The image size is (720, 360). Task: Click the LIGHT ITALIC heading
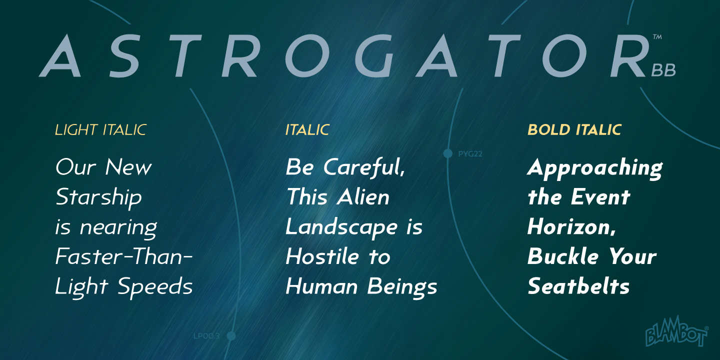pyautogui.click(x=100, y=130)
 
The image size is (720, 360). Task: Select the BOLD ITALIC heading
pyautogui.click(x=574, y=130)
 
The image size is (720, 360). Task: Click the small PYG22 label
pyautogui.click(x=470, y=154)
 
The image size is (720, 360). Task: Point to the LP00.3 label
pyautogui.click(x=206, y=336)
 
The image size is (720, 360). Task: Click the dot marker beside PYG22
pyautogui.click(x=448, y=153)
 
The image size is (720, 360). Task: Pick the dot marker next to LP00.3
pyautogui.click(x=231, y=336)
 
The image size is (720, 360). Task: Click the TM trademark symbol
pyautogui.click(x=657, y=37)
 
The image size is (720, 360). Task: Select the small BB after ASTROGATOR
pyautogui.click(x=663, y=71)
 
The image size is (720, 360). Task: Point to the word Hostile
pyautogui.click(x=322, y=257)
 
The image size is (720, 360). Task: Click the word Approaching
pyautogui.click(x=595, y=168)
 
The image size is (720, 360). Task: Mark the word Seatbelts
pyautogui.click(x=578, y=287)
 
